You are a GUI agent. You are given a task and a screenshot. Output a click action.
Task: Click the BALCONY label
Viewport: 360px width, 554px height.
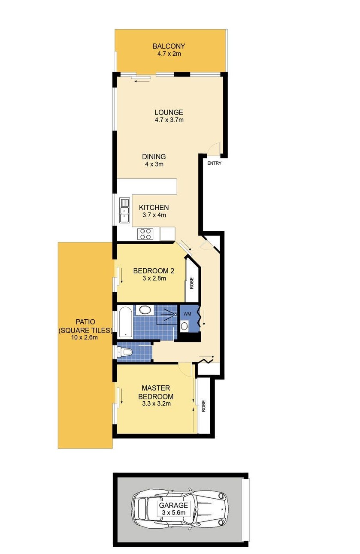pyautogui.click(x=169, y=46)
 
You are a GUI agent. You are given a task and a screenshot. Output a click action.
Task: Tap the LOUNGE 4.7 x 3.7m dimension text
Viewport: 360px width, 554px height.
pyautogui.click(x=169, y=120)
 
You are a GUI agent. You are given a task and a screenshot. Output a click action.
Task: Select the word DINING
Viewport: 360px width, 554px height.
pyautogui.click(x=154, y=157)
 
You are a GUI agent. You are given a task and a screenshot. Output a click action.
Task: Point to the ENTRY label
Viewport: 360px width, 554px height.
pyautogui.click(x=214, y=163)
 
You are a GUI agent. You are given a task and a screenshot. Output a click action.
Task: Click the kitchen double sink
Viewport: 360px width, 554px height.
pyautogui.click(x=124, y=210)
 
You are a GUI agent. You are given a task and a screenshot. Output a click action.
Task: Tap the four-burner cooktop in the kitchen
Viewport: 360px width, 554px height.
pyautogui.click(x=145, y=234)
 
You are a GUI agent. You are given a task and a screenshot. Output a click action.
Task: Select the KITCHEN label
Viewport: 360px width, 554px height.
pyautogui.click(x=154, y=208)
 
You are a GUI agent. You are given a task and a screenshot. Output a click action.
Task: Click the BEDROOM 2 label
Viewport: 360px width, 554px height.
pyautogui.click(x=154, y=271)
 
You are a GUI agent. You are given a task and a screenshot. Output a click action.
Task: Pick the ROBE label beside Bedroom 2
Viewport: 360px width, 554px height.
pyautogui.click(x=192, y=283)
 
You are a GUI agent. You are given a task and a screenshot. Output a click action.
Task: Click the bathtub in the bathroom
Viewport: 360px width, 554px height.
pyautogui.click(x=125, y=322)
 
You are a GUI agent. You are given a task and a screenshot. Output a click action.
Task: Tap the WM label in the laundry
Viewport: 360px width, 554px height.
pyautogui.click(x=187, y=314)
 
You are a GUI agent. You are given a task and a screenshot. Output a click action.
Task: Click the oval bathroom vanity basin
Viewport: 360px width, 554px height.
pyautogui.click(x=144, y=310)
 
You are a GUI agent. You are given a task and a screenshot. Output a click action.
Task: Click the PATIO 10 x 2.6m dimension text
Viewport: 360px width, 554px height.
pyautogui.click(x=85, y=337)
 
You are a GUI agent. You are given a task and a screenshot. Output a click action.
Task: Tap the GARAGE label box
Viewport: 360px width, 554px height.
pyautogui.click(x=174, y=509)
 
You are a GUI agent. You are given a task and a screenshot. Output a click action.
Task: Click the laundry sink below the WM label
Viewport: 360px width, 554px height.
pyautogui.click(x=184, y=326)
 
